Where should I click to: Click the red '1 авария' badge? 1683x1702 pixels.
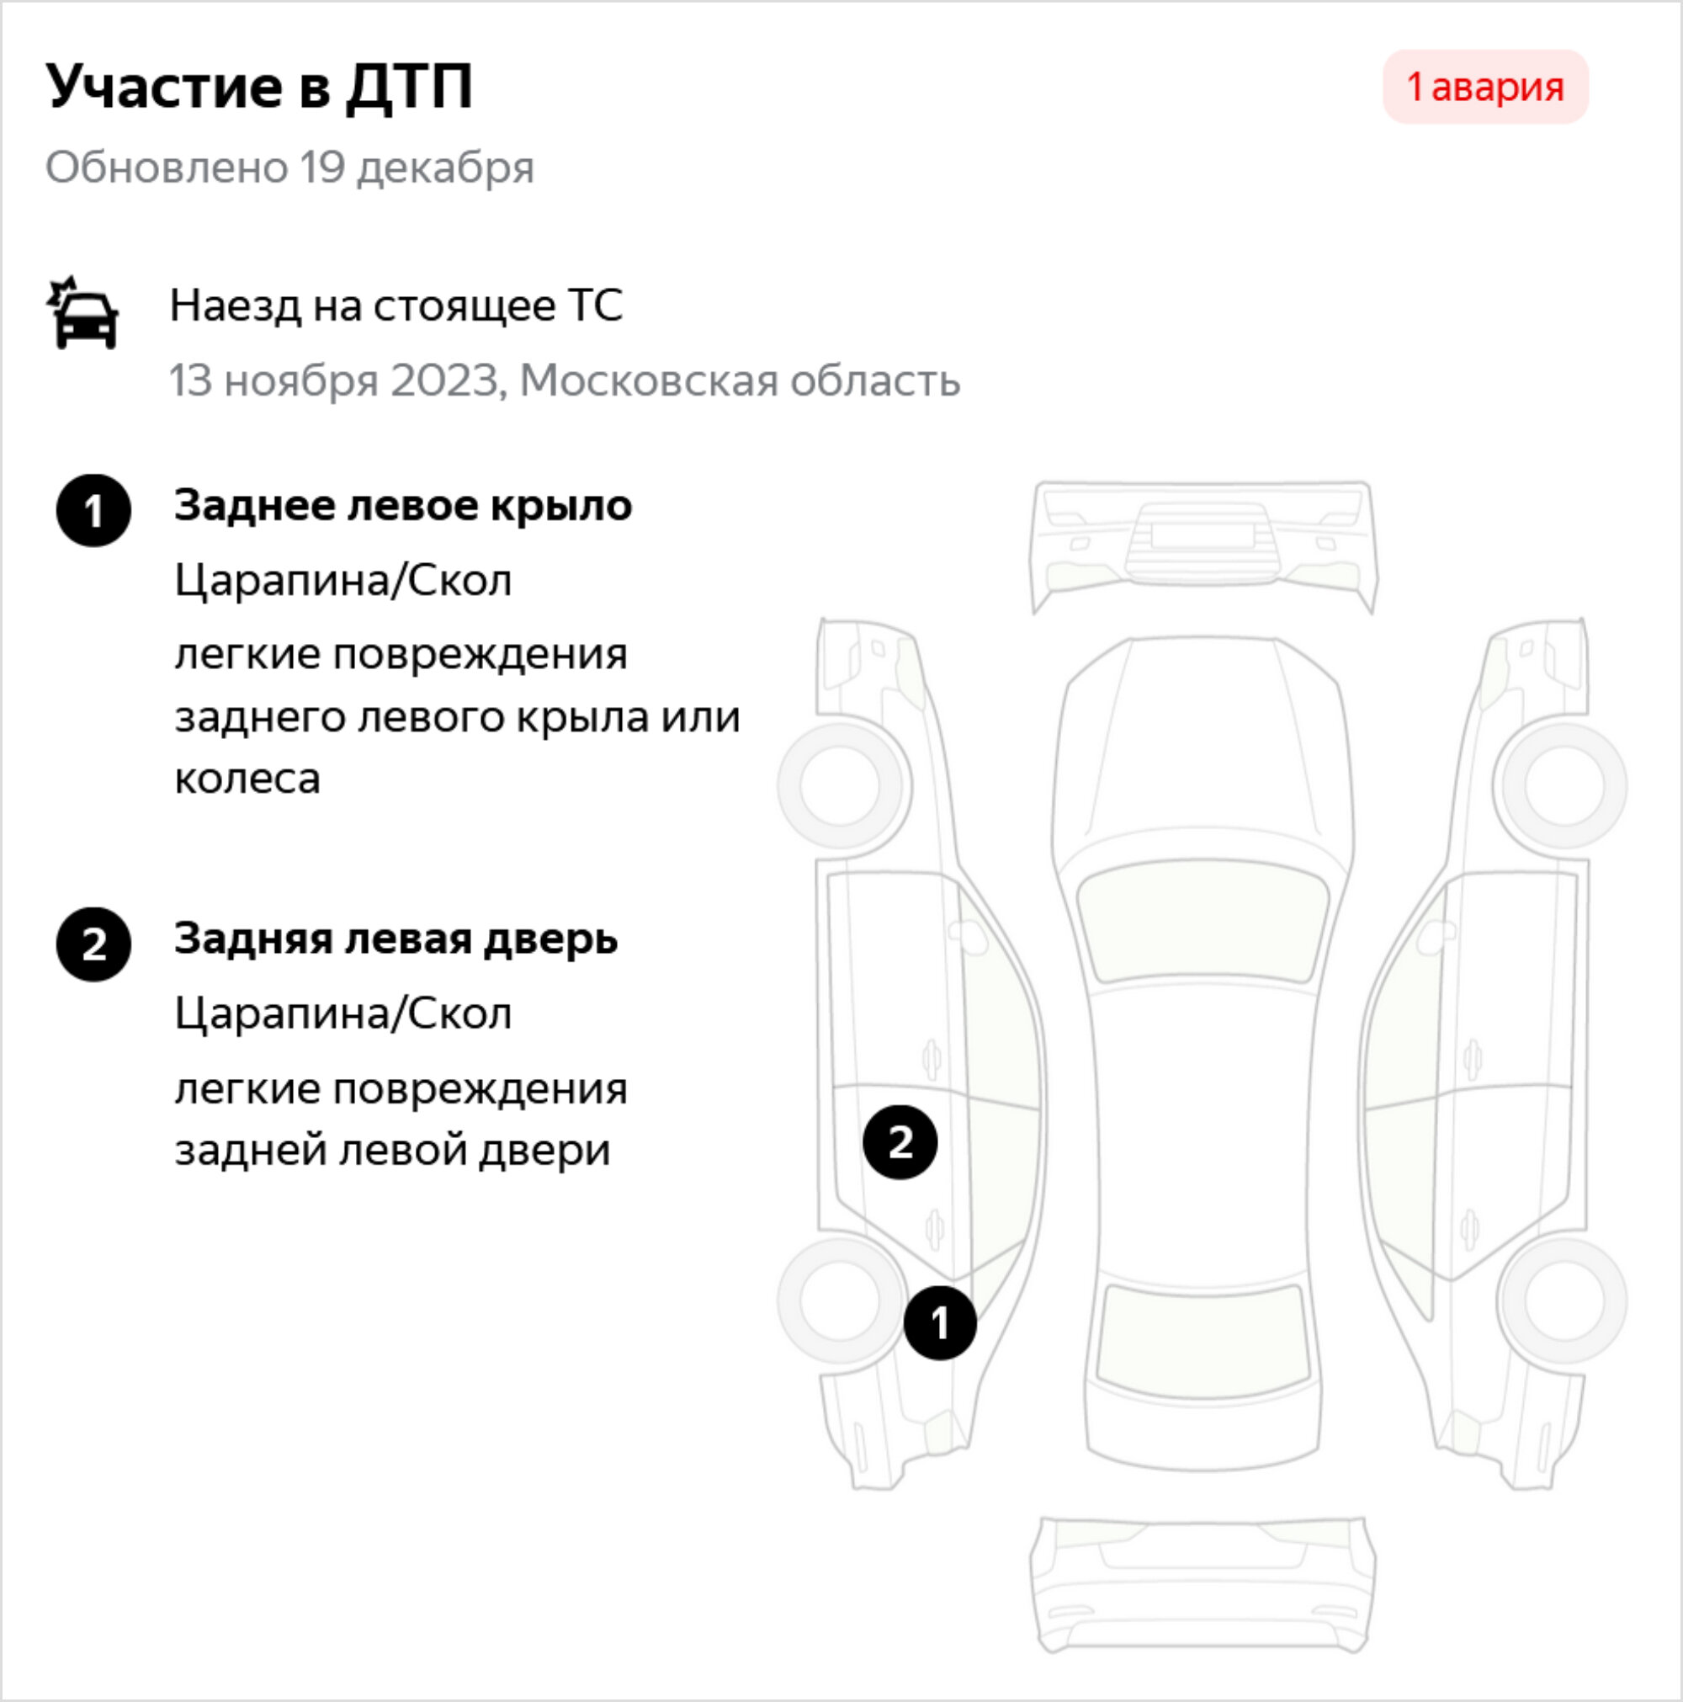click(x=1485, y=87)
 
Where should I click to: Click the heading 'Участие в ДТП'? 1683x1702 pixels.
click(x=260, y=87)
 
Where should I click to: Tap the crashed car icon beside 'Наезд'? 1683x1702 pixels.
click(x=82, y=313)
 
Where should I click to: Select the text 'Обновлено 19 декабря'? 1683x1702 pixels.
click(x=289, y=168)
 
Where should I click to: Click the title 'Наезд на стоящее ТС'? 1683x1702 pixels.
click(x=396, y=306)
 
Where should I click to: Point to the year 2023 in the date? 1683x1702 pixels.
click(x=446, y=380)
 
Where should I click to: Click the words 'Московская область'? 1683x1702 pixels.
click(x=740, y=380)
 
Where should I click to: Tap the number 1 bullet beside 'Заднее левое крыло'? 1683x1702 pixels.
click(x=93, y=510)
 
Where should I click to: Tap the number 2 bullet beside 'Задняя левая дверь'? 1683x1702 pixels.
click(x=93, y=944)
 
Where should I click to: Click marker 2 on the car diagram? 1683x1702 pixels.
click(x=900, y=1141)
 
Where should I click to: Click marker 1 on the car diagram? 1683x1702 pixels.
click(x=940, y=1322)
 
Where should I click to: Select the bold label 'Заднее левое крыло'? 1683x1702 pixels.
click(x=403, y=506)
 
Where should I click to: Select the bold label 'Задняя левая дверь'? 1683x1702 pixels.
click(x=396, y=939)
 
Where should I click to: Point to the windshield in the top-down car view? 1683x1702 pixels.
click(x=1203, y=921)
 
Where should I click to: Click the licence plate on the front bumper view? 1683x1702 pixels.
click(x=1203, y=535)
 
